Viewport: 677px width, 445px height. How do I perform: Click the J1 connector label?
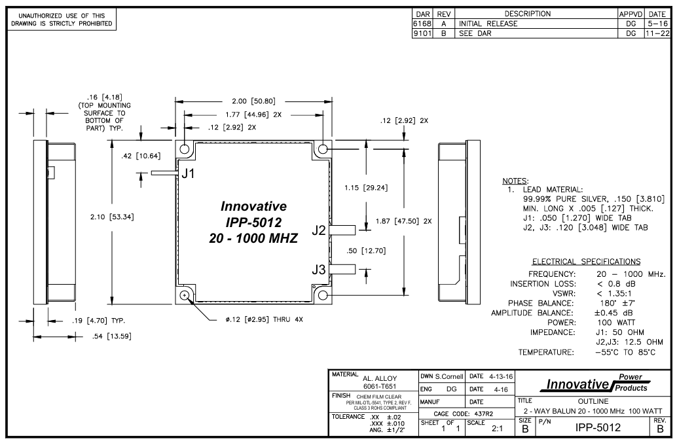pyautogui.click(x=188, y=174)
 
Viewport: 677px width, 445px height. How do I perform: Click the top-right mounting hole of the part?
pyautogui.click(x=322, y=149)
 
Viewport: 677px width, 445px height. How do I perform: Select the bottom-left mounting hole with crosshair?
pyautogui.click(x=185, y=295)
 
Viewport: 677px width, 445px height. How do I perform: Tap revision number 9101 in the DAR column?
pyautogui.click(x=419, y=33)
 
